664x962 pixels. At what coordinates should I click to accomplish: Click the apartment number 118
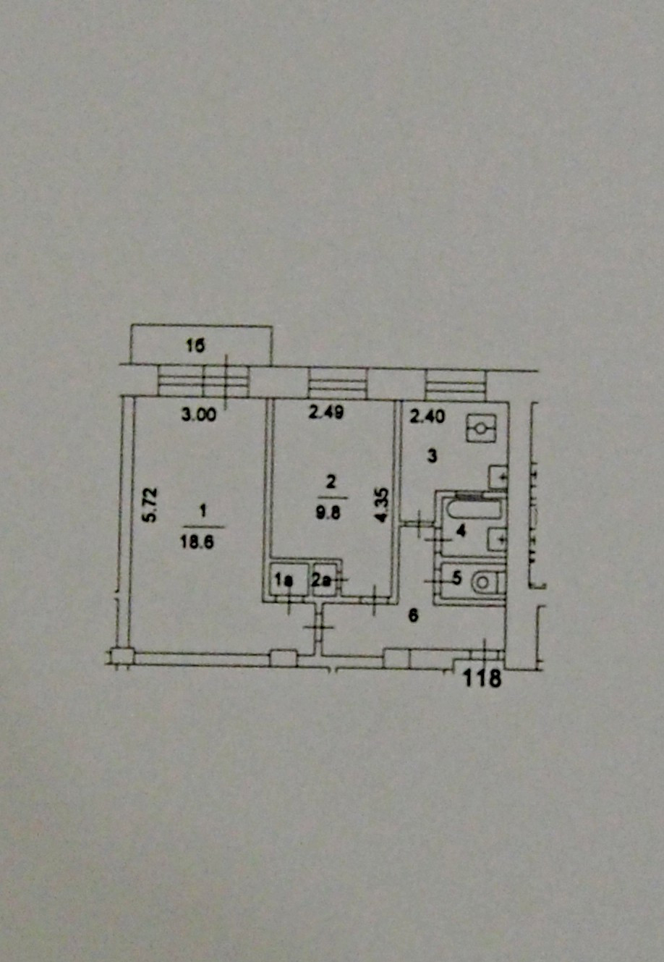(x=482, y=678)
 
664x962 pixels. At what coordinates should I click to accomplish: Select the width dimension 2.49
(x=326, y=413)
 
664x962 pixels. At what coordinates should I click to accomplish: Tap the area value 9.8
(x=332, y=507)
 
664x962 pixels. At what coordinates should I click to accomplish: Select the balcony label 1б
(x=195, y=347)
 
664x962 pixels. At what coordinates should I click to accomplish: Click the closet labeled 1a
(x=284, y=580)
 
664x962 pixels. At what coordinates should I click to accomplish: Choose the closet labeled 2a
(x=323, y=580)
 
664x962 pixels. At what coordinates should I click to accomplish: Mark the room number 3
(x=433, y=456)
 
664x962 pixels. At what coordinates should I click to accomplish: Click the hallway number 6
(x=412, y=616)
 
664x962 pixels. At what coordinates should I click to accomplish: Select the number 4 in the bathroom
(x=461, y=532)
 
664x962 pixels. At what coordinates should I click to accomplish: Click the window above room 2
(x=337, y=383)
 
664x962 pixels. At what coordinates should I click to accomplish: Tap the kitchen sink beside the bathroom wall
(x=498, y=476)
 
